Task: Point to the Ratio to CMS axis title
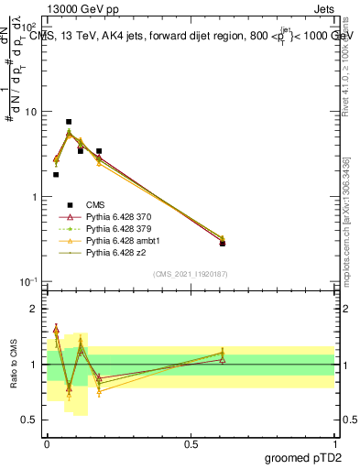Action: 14,365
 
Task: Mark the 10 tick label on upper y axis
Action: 30,112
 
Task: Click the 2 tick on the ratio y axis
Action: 37,310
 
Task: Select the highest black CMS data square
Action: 69,122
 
